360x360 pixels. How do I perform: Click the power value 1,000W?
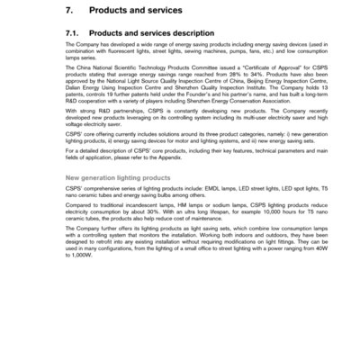coord(79,330)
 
